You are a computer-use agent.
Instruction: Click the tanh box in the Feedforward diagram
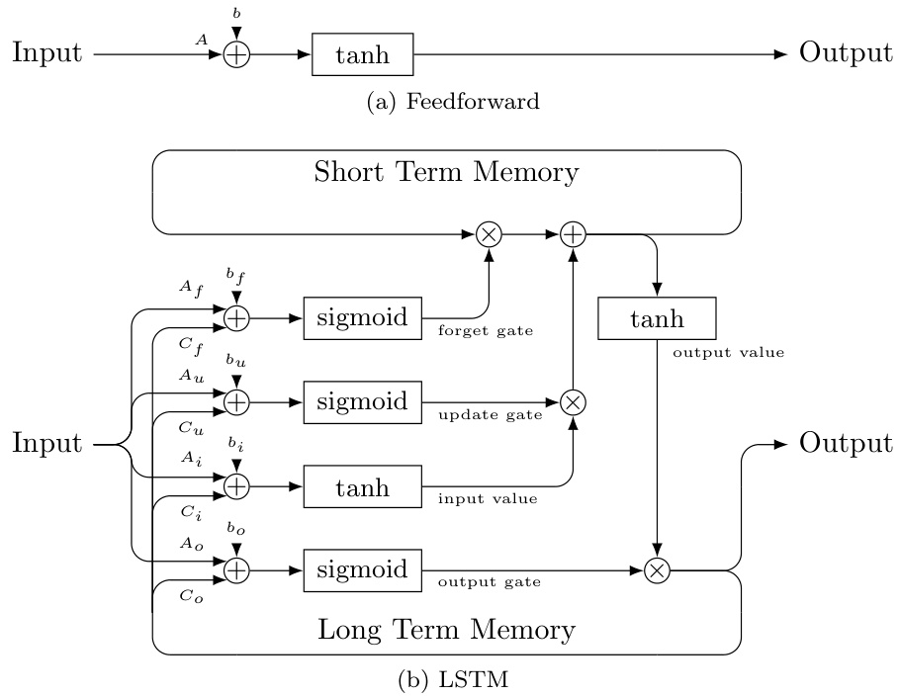(x=362, y=54)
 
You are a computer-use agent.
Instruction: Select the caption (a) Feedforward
(x=453, y=102)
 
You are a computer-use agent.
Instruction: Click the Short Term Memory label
(x=445, y=172)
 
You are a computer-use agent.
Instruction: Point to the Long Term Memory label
(x=445, y=629)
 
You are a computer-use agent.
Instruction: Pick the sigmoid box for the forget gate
(x=362, y=316)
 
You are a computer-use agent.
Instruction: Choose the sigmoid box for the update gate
(x=362, y=401)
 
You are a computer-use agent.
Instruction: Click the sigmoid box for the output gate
(x=362, y=569)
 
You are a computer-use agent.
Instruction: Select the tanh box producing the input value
(x=362, y=486)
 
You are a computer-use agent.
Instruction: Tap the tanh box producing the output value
(x=657, y=317)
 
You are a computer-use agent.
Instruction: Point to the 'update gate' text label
(x=490, y=415)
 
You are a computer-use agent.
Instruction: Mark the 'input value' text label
(x=488, y=499)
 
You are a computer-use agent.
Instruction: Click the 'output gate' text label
(x=489, y=582)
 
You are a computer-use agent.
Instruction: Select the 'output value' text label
(x=728, y=351)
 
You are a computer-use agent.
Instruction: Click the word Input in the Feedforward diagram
(x=46, y=53)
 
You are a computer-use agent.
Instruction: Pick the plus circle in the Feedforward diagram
(x=236, y=54)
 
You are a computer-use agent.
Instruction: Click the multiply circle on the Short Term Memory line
(x=489, y=233)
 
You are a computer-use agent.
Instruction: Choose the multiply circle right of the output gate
(x=657, y=570)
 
